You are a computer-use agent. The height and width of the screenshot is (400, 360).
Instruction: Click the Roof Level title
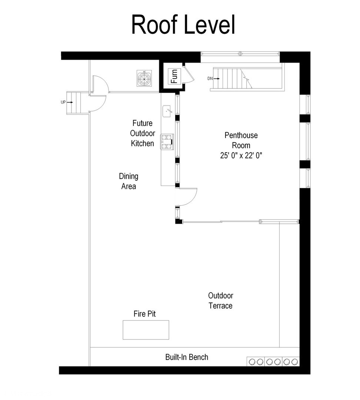point(183,25)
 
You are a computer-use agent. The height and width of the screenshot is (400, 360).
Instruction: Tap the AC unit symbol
point(143,78)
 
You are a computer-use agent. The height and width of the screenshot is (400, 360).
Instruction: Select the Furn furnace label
point(173,76)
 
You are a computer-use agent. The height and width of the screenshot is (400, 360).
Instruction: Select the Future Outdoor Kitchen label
point(142,133)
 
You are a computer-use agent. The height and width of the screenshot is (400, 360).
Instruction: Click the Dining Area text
point(129,181)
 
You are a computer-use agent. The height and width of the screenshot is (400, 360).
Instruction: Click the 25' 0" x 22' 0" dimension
point(241,156)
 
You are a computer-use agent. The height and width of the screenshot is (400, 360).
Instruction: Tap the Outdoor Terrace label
point(220,300)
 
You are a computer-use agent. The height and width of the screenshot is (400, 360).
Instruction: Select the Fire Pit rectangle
point(146,330)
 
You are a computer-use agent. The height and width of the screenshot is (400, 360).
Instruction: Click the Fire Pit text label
point(144,314)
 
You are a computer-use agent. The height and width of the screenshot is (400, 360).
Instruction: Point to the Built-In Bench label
point(187,357)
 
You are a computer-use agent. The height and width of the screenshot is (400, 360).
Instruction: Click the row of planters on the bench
point(273,361)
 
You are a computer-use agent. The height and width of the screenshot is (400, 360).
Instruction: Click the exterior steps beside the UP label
point(74,103)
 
